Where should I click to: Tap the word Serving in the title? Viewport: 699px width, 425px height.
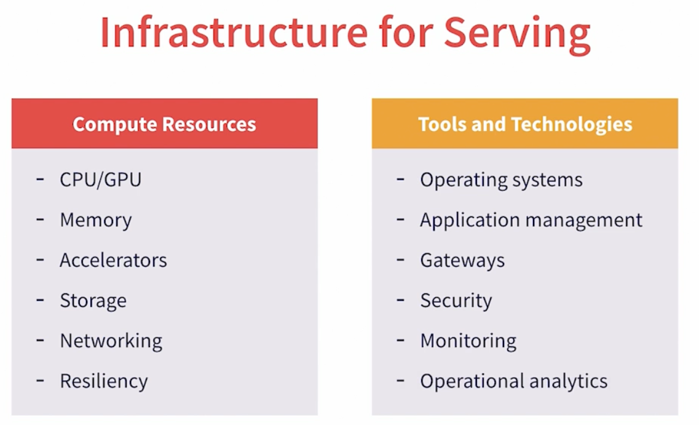coord(517,33)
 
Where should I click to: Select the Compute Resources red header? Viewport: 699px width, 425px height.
coord(164,124)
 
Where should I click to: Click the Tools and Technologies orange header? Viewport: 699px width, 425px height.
coord(525,124)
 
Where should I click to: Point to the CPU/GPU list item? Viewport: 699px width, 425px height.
coord(100,180)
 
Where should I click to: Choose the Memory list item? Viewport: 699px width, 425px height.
coord(95,220)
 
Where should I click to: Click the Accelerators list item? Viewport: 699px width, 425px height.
coord(113,260)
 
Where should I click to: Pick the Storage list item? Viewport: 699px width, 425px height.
coord(93,301)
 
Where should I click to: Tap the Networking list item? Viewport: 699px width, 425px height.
coord(111,341)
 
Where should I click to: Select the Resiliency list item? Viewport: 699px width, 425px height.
coord(103,381)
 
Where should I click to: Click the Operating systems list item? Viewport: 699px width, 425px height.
coord(501,180)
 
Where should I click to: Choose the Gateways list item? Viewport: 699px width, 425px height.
coord(462,260)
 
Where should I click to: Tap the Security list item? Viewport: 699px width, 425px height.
coord(456,301)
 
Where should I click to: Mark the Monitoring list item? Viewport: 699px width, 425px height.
coord(468,341)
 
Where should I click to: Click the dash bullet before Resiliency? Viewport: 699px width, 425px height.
coord(41,379)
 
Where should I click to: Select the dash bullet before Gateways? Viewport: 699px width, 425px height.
coord(401,259)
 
